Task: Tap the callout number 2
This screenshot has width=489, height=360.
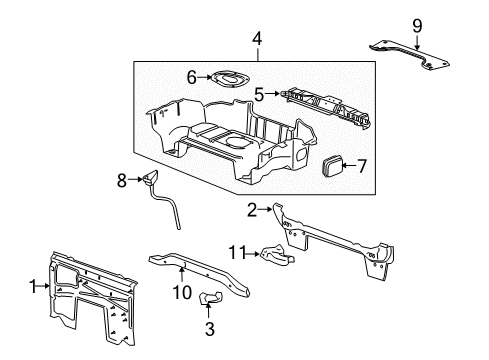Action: pyautogui.click(x=254, y=209)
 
